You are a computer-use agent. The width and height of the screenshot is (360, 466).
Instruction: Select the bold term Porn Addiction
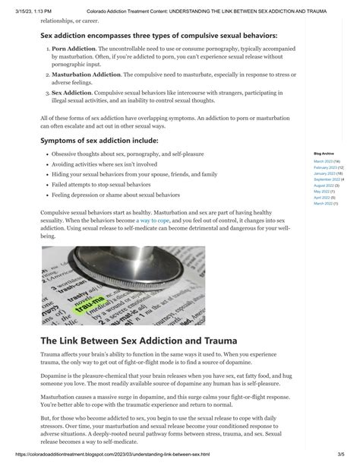click(74, 48)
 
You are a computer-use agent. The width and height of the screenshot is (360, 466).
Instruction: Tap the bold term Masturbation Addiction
click(87, 74)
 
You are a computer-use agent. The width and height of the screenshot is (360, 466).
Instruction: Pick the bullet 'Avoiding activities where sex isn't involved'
click(105, 163)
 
